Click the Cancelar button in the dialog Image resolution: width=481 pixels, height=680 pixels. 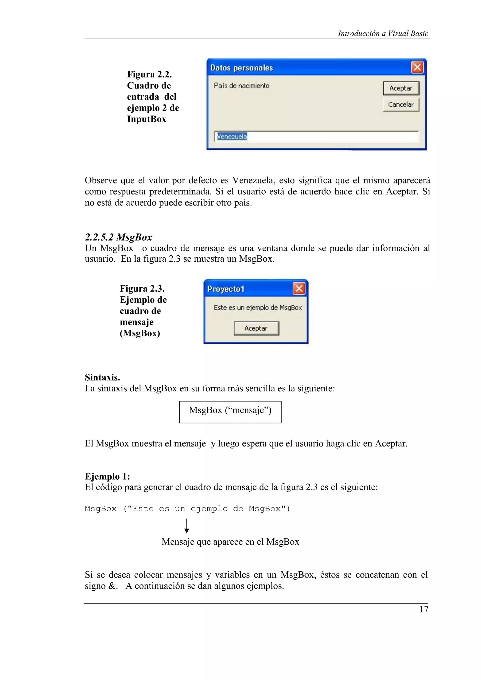(x=401, y=105)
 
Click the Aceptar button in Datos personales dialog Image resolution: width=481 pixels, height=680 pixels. (x=401, y=88)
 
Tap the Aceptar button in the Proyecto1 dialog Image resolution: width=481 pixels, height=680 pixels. (x=256, y=328)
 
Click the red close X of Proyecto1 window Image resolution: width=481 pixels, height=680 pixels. (x=299, y=288)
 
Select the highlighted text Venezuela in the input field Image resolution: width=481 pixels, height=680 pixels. (x=232, y=137)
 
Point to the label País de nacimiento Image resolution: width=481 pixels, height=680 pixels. (x=241, y=86)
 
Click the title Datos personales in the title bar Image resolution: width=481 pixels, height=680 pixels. (x=241, y=68)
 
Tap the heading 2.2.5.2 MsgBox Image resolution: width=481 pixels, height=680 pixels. (x=119, y=237)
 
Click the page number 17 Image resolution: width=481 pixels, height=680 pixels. (x=423, y=609)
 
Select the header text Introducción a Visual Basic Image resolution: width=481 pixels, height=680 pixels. (x=383, y=34)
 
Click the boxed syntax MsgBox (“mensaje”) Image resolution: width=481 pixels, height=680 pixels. (x=230, y=410)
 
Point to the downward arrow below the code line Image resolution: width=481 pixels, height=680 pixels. (x=187, y=526)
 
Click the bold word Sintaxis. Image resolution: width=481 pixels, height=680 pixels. (x=102, y=377)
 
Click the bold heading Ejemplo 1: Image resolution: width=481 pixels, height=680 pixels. (x=107, y=476)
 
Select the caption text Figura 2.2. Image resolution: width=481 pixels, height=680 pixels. (x=149, y=74)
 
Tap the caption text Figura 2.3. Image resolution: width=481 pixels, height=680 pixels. (x=142, y=288)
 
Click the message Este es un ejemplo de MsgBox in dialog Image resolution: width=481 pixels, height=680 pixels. (x=258, y=308)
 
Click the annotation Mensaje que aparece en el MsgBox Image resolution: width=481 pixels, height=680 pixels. (x=230, y=542)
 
